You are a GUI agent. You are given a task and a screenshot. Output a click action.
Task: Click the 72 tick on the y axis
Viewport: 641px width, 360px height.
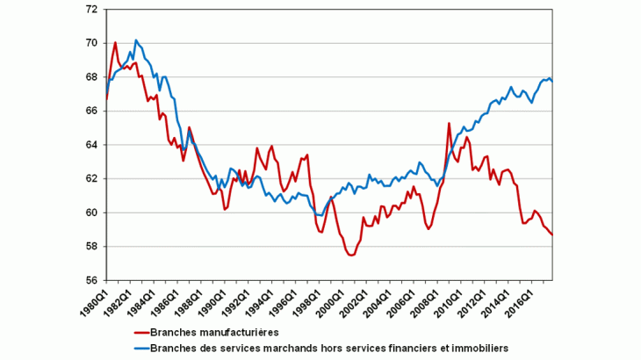point(90,9)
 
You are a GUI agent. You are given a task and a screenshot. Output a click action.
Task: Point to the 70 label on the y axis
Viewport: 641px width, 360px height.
point(90,43)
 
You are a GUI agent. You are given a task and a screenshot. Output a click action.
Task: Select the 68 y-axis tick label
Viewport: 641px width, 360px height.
point(90,76)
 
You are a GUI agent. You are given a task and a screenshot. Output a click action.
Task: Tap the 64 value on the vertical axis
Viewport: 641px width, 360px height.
point(90,145)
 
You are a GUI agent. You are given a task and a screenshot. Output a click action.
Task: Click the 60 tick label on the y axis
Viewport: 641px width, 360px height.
point(90,212)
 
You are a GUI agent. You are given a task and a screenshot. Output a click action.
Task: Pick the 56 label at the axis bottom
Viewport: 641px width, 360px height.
point(90,280)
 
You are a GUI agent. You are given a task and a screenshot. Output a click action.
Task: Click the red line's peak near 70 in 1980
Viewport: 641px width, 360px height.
point(115,42)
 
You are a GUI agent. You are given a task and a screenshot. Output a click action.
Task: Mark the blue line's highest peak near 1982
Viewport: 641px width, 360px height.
point(136,40)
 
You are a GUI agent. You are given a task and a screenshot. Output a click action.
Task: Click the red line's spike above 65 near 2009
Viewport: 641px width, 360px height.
point(449,123)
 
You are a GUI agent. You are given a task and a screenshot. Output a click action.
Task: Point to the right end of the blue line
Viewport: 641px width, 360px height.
point(551,81)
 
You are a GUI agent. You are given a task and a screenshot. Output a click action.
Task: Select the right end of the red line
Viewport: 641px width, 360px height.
point(551,234)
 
